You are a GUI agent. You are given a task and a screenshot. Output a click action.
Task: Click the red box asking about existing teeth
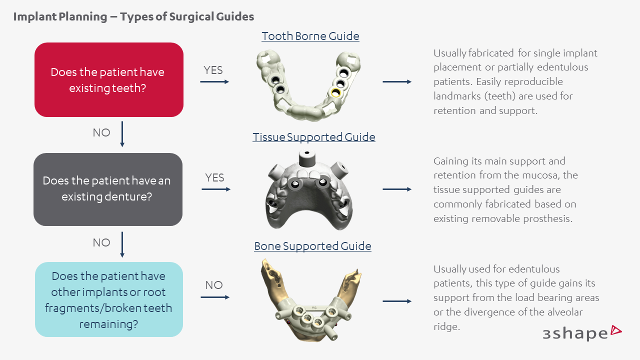point(108,80)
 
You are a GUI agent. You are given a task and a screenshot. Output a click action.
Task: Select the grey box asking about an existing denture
point(107,189)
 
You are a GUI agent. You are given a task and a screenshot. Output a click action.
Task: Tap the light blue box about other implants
point(108,299)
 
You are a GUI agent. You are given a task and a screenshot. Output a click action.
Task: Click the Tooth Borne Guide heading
point(310,36)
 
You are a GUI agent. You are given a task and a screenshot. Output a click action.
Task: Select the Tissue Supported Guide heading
point(313,137)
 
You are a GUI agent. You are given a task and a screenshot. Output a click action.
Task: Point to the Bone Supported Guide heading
point(312,246)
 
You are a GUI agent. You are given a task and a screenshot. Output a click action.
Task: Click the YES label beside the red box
point(213,70)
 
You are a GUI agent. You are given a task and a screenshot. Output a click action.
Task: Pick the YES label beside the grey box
point(214,178)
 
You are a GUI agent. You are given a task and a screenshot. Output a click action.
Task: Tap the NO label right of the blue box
point(213,285)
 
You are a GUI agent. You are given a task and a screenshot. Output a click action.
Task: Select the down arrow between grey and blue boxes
point(122,244)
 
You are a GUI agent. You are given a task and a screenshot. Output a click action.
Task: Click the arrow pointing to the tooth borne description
point(397,81)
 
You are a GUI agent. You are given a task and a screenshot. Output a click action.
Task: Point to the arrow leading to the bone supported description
point(397,301)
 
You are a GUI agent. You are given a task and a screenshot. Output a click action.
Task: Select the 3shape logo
point(582,333)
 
